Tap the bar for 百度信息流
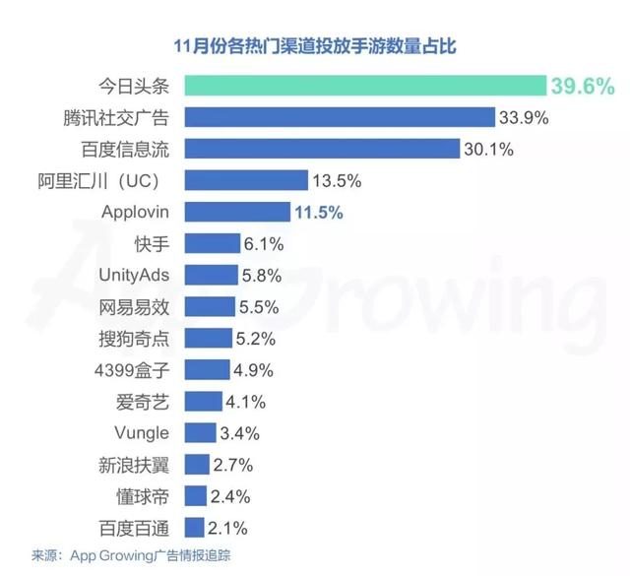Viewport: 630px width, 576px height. coord(322,149)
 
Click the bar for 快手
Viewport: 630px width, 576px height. coord(212,243)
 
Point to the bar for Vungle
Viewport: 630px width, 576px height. coord(200,432)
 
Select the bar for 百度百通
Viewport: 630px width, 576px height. coord(194,527)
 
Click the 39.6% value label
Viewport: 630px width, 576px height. coord(583,87)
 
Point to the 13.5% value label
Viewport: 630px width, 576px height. coord(337,180)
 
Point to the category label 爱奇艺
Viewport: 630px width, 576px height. coord(143,401)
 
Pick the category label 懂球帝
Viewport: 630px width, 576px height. coord(143,495)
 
